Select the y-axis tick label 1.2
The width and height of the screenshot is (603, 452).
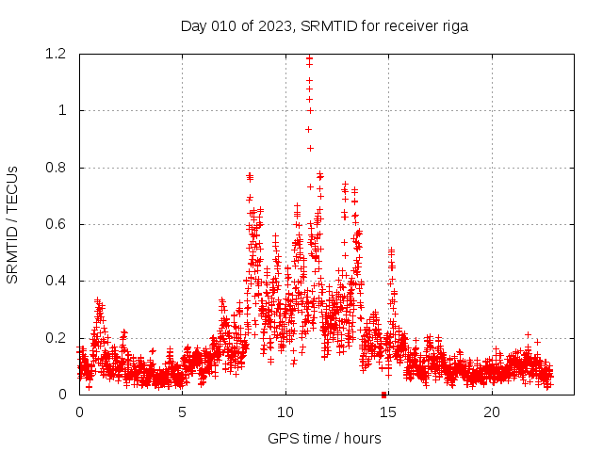56,54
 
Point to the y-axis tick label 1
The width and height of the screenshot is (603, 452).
62,110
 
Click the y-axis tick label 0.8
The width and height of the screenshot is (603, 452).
56,168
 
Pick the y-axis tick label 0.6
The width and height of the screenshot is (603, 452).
56,224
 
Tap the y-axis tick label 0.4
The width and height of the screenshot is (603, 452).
56,281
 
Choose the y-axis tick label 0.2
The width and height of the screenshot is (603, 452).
56,338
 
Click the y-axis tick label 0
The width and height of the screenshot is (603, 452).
62,395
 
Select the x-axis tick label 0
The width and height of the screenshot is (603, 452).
79,412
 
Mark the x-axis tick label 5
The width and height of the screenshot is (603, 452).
182,412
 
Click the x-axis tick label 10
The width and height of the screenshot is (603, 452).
285,412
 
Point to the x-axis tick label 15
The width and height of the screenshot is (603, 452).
388,412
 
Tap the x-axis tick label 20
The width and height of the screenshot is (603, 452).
492,412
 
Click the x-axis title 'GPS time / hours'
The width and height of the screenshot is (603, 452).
324,438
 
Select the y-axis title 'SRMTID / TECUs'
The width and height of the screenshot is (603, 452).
13,224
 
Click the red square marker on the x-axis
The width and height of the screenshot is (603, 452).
383,395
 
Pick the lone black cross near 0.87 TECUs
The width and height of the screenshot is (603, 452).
310,148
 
